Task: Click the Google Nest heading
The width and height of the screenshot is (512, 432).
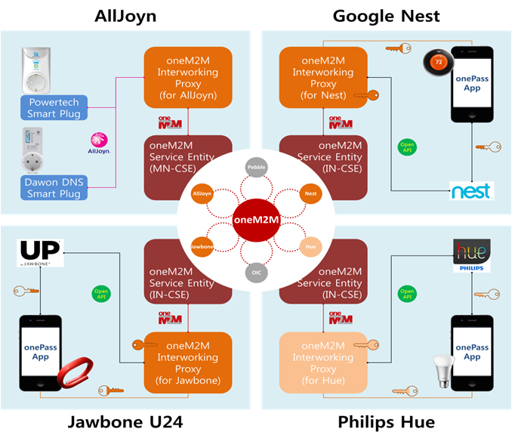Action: coord(387,15)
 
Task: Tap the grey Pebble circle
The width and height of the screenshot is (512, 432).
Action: coord(256,168)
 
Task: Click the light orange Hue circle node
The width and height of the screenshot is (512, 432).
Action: coord(308,246)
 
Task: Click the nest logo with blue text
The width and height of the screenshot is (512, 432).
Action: coord(471,190)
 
